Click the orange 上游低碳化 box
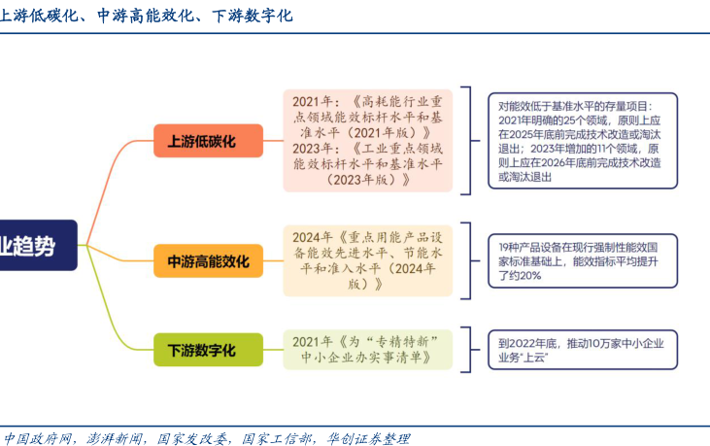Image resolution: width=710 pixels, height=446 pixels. (208, 141)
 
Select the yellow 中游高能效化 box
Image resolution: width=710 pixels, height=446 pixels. (208, 260)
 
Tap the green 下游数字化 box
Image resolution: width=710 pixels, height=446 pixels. (208, 350)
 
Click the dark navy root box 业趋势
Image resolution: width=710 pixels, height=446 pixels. (38, 246)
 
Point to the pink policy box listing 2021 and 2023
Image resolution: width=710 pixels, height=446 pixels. (368, 140)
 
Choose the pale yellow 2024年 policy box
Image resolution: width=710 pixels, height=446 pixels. (368, 260)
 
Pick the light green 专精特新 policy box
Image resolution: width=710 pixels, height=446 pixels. (368, 350)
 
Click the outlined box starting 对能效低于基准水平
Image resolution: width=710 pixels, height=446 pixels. (583, 141)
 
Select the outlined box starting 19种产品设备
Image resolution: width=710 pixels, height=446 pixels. (583, 260)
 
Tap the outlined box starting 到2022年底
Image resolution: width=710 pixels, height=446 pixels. (583, 350)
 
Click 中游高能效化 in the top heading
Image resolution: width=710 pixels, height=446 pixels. (146, 16)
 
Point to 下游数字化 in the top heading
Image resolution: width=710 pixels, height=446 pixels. (253, 16)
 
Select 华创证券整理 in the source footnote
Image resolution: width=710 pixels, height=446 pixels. (368, 439)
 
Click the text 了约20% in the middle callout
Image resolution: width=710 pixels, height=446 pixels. (520, 275)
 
